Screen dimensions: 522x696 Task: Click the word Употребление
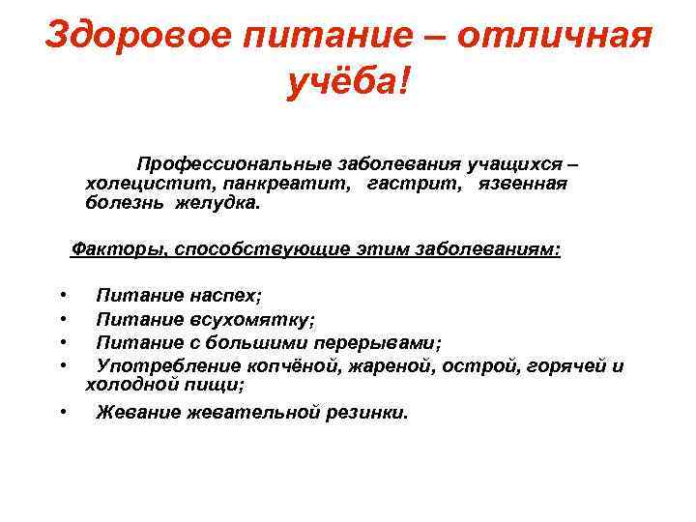point(163,365)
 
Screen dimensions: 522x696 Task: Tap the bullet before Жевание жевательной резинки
point(62,413)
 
